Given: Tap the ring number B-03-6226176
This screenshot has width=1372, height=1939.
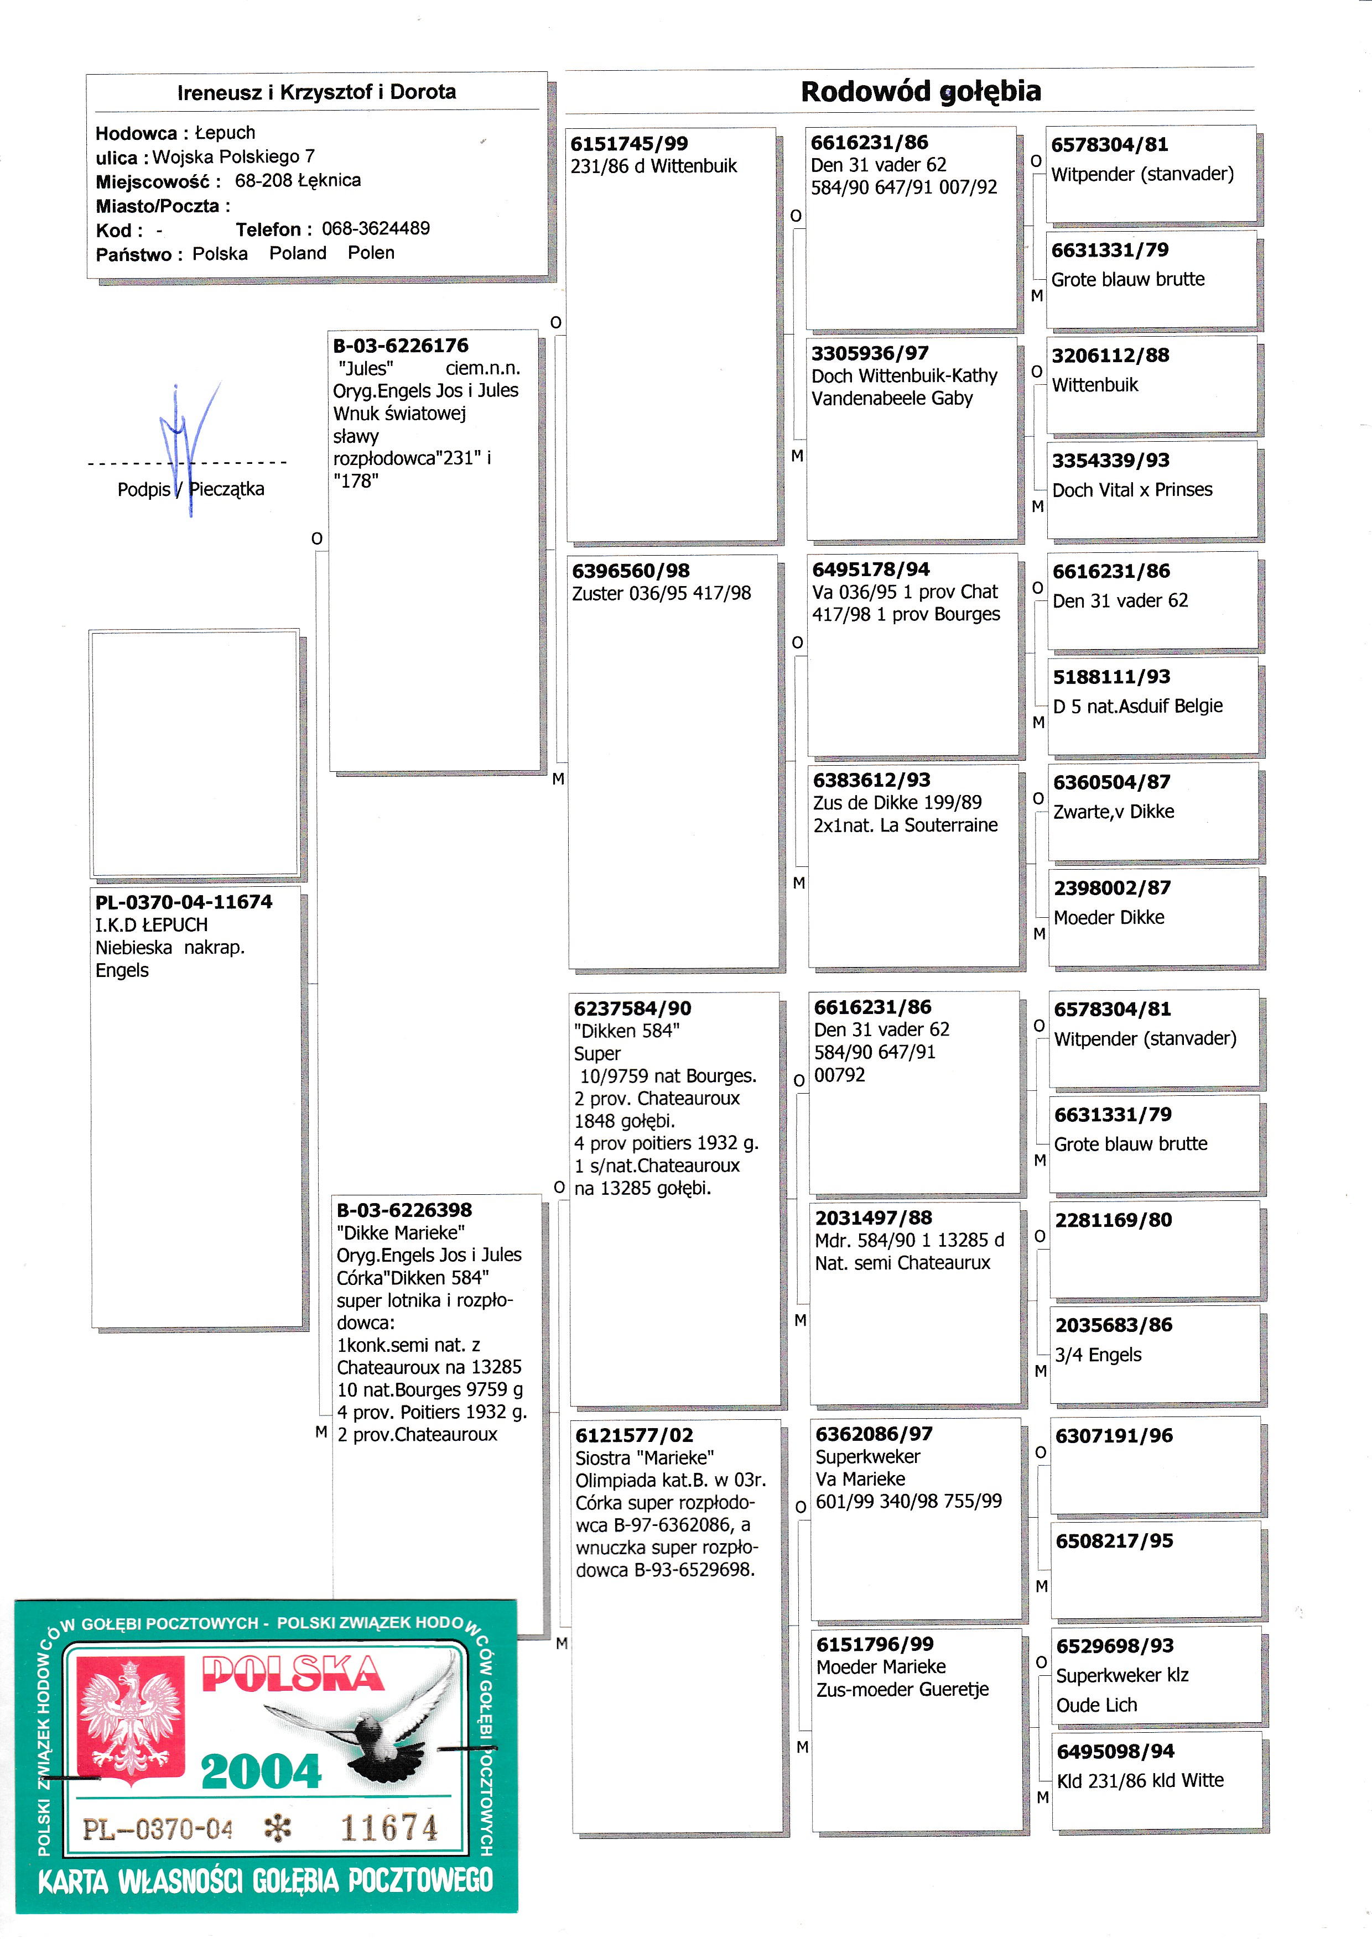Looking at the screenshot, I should [x=401, y=346].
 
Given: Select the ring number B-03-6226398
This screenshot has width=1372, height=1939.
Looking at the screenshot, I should [x=404, y=1210].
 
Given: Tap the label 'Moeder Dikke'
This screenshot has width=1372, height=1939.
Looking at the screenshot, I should [x=1109, y=918].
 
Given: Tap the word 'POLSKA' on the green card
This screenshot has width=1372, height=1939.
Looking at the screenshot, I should [x=292, y=1674].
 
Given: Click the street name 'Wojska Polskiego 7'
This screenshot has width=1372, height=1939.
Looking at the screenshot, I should [x=233, y=157].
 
